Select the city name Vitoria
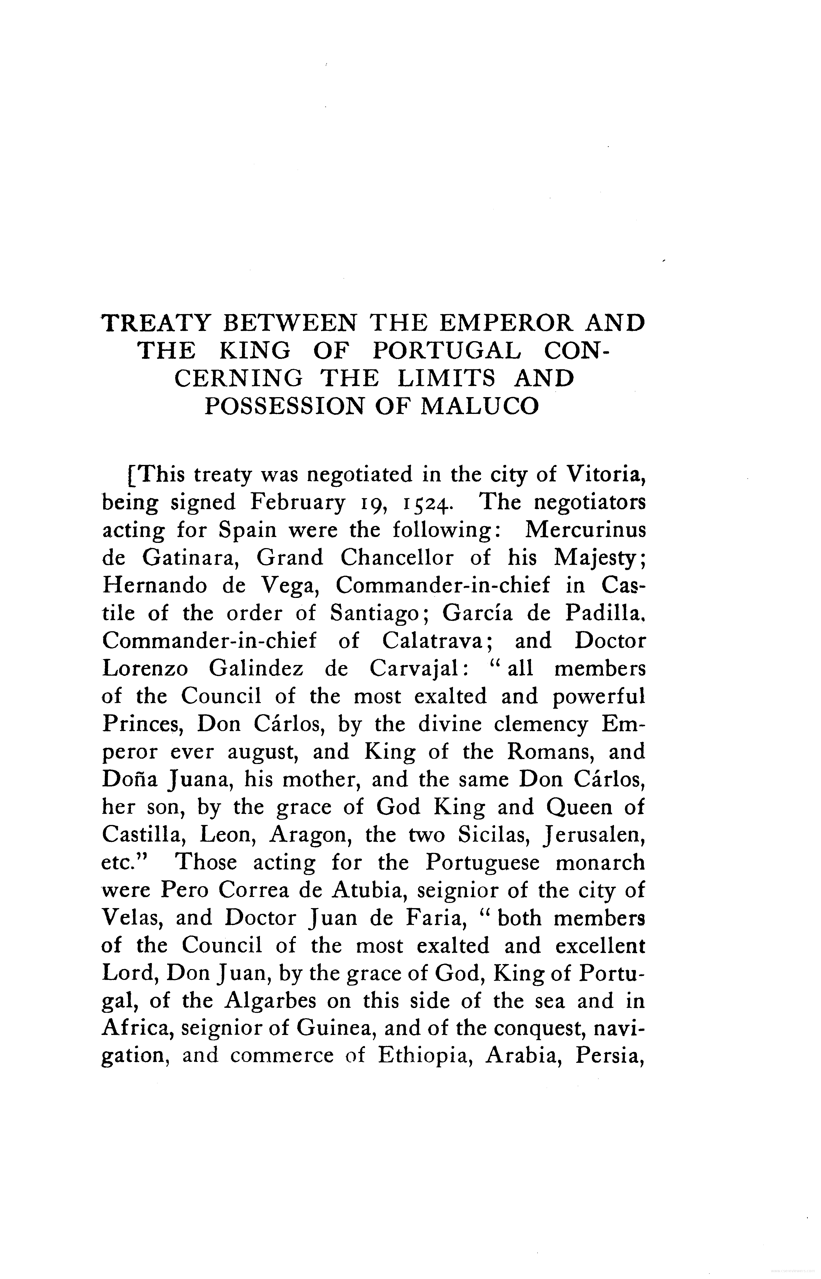[x=605, y=474]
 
